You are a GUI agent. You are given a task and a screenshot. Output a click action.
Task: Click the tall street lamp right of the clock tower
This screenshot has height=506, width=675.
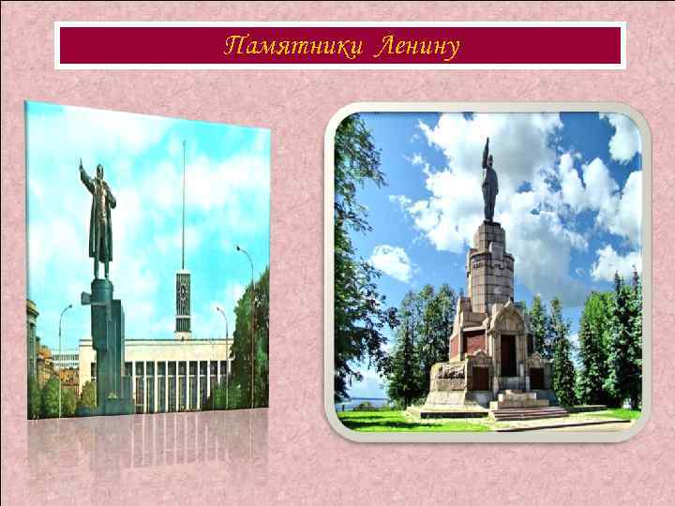click(x=249, y=319)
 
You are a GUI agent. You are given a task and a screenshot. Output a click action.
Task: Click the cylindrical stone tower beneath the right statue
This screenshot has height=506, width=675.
click(x=489, y=267)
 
